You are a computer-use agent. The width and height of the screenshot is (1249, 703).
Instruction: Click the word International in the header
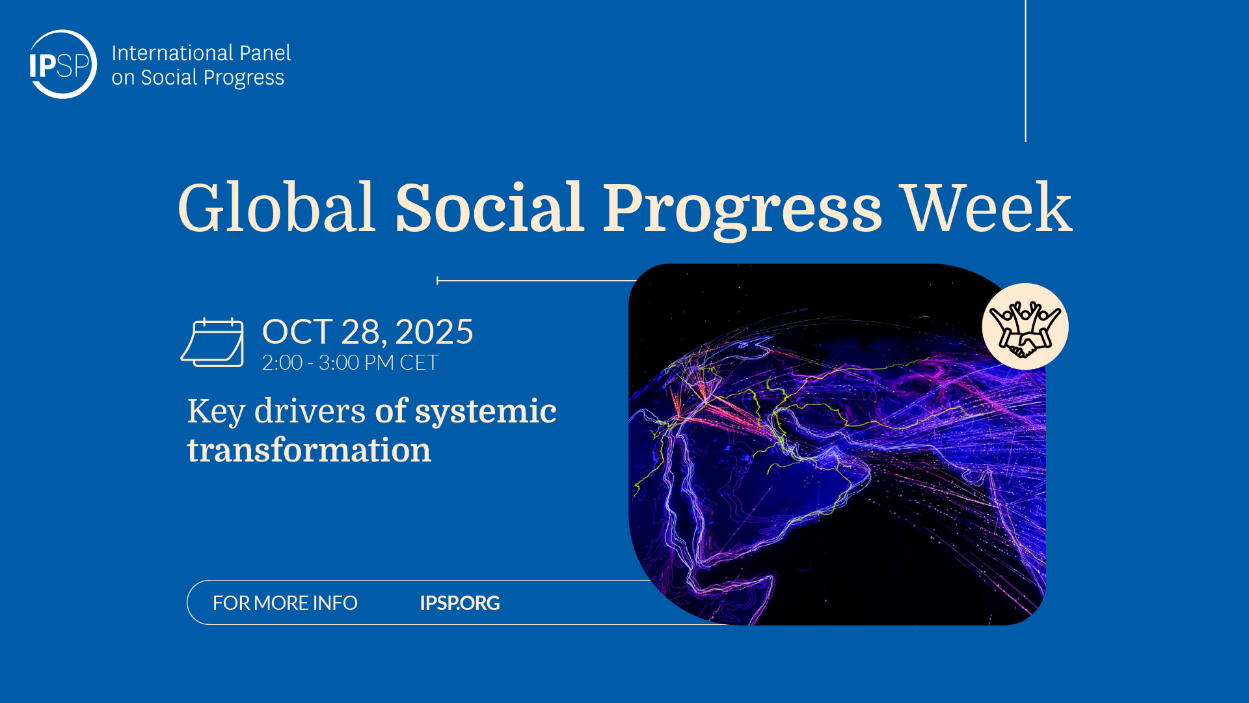172,53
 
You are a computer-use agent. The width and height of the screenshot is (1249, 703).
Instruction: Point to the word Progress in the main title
742,210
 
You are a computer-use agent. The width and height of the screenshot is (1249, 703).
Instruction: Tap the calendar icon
213,342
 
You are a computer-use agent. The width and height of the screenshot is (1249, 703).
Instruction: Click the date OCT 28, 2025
368,332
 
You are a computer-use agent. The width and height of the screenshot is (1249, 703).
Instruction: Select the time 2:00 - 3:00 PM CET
350,363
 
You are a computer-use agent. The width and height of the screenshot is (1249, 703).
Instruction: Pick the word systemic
485,412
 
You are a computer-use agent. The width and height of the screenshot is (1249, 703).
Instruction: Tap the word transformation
309,450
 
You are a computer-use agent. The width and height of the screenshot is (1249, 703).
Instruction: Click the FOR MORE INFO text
285,603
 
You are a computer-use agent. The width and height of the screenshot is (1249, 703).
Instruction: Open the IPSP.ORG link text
460,603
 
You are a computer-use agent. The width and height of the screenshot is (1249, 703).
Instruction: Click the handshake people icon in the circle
1025,327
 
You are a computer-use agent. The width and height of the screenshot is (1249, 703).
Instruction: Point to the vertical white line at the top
1025,70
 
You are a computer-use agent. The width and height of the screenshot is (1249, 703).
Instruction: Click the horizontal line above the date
536,281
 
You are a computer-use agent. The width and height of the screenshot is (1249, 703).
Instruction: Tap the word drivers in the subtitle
310,411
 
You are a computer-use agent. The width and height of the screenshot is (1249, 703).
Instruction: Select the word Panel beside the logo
265,53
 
